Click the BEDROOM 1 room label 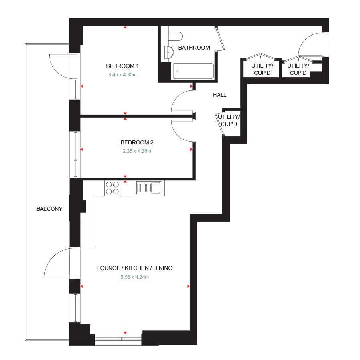pyautogui.click(x=122, y=66)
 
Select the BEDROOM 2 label pyautogui.click(x=137, y=142)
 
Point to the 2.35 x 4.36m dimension pyautogui.click(x=137, y=151)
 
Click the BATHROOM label pyautogui.click(x=194, y=48)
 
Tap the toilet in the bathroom pyautogui.click(x=175, y=36)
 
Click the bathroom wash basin pyautogui.click(x=168, y=51)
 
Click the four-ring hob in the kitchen pyautogui.click(x=112, y=188)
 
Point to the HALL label pyautogui.click(x=220, y=95)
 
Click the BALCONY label pyautogui.click(x=49, y=208)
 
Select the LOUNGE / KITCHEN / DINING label pyautogui.click(x=135, y=268)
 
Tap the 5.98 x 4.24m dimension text pyautogui.click(x=135, y=277)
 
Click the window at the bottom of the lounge pyautogui.click(x=118, y=340)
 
